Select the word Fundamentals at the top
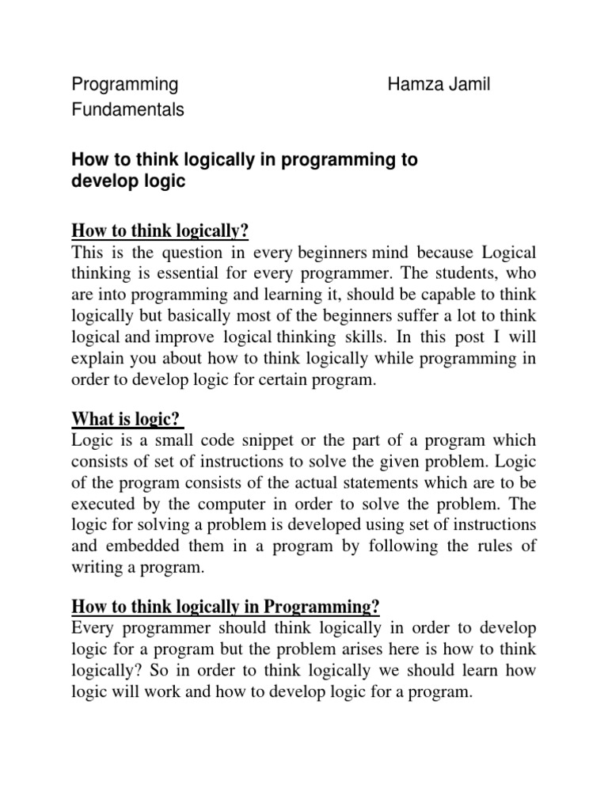tap(127, 110)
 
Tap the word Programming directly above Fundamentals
tap(124, 84)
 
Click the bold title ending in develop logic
tap(244, 170)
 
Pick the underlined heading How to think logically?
tap(160, 231)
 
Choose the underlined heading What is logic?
tap(127, 418)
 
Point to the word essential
tap(218, 273)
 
